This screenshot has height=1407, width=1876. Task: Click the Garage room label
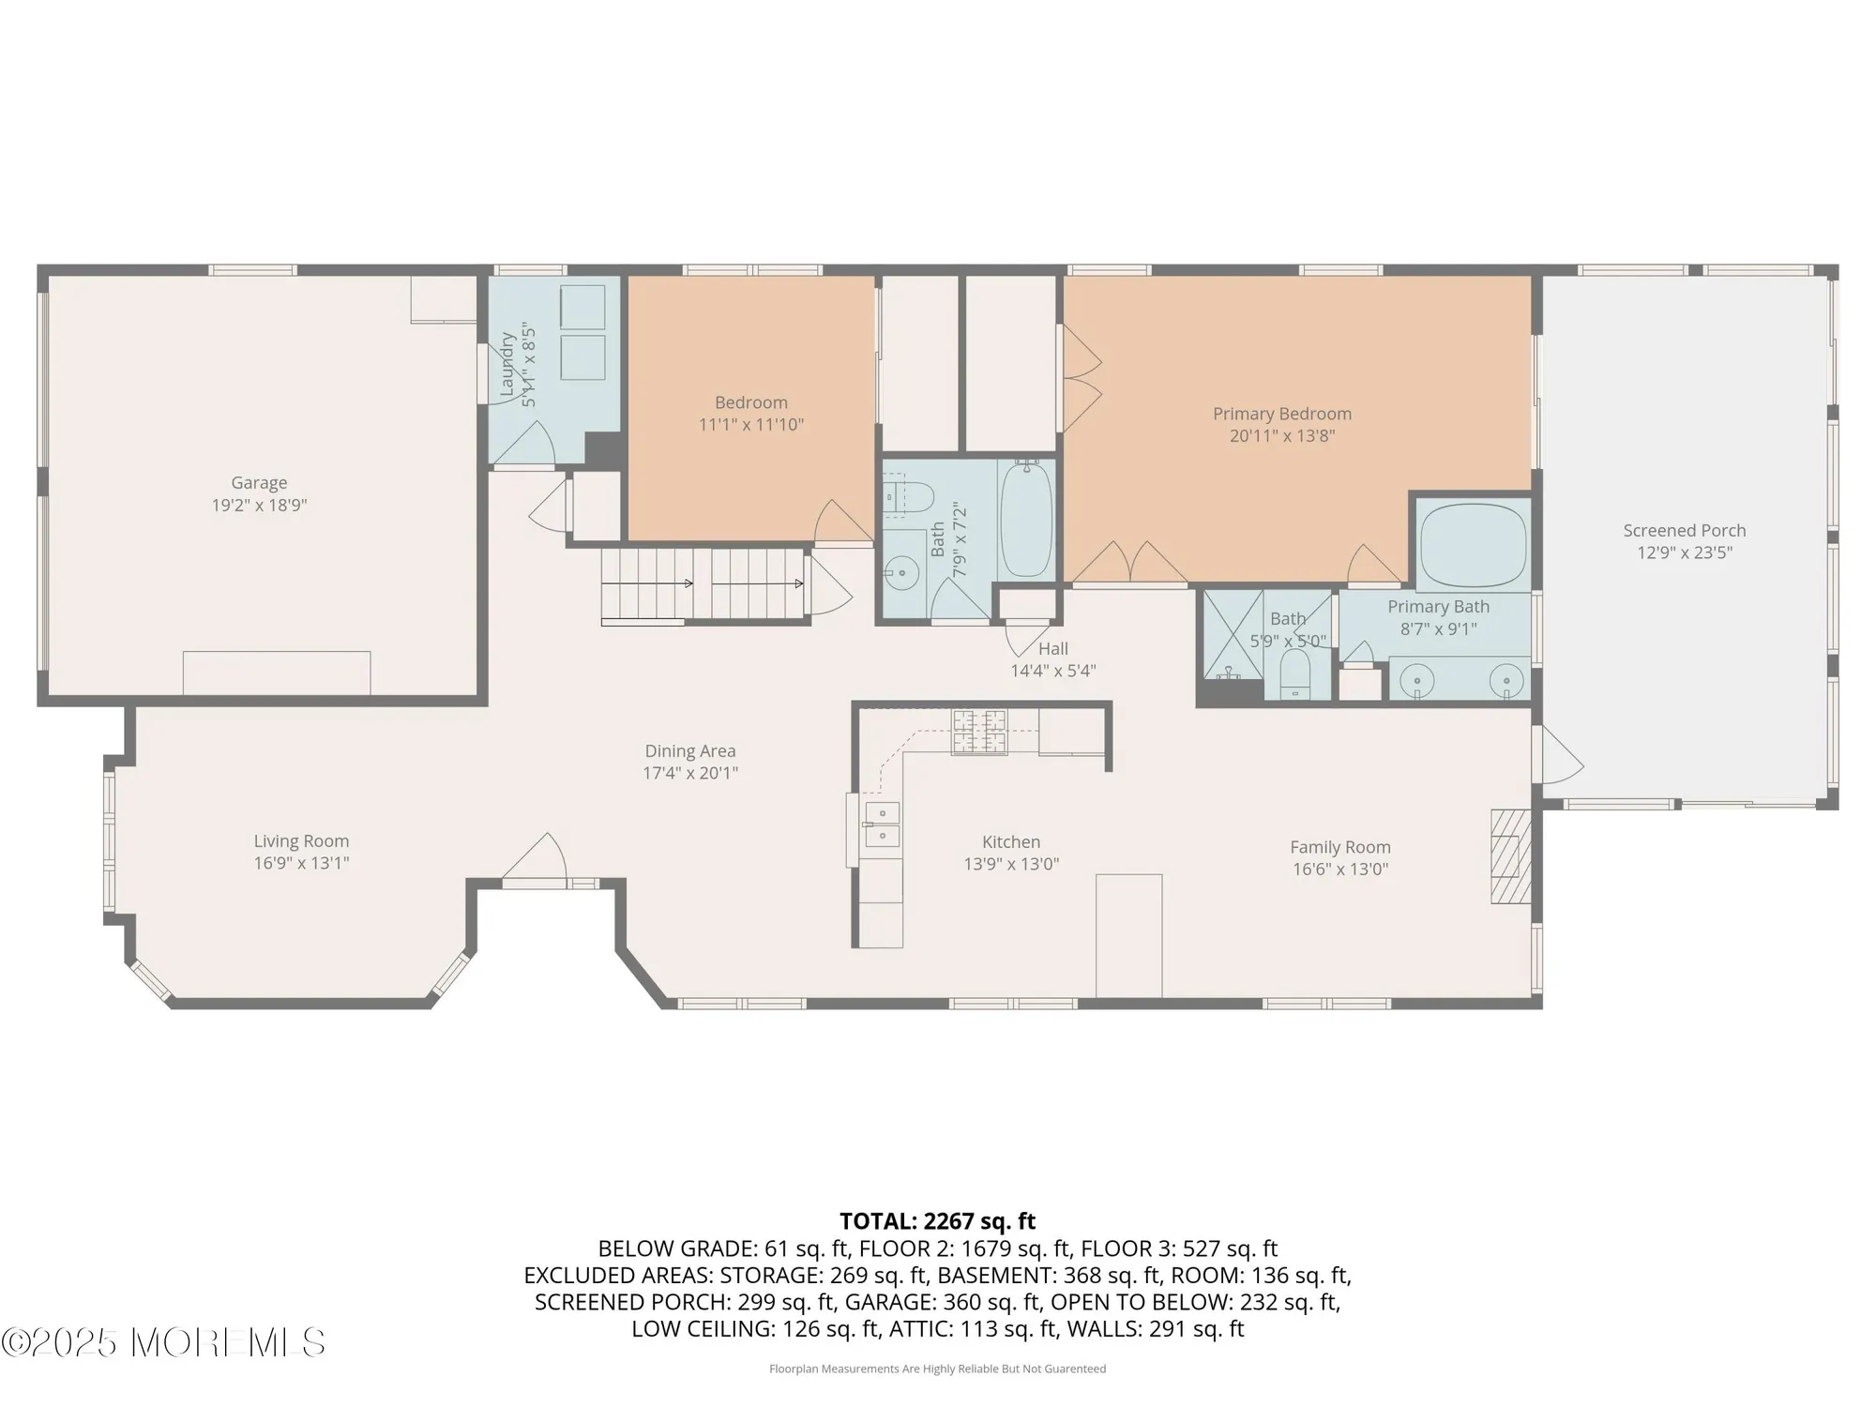pyautogui.click(x=259, y=483)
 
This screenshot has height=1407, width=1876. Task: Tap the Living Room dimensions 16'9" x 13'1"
pyautogui.click(x=301, y=863)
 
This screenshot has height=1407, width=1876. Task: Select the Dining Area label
pyautogui.click(x=690, y=751)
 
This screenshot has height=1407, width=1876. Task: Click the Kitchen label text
pyautogui.click(x=1011, y=842)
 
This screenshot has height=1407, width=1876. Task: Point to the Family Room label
pyautogui.click(x=1340, y=847)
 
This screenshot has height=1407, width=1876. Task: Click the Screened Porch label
pyautogui.click(x=1685, y=531)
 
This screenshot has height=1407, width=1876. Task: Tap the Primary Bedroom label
pyautogui.click(x=1282, y=414)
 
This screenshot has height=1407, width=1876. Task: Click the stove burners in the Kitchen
pyautogui.click(x=980, y=732)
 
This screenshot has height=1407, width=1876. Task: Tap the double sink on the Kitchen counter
pyautogui.click(x=882, y=824)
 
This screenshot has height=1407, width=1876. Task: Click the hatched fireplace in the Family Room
pyautogui.click(x=1510, y=855)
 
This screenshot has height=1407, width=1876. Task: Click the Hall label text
pyautogui.click(x=1053, y=649)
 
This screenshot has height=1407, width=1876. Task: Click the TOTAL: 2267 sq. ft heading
pyautogui.click(x=937, y=1221)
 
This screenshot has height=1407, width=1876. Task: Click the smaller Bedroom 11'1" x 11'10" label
pyautogui.click(x=750, y=403)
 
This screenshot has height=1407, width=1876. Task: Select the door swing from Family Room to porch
pyautogui.click(x=1559, y=758)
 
